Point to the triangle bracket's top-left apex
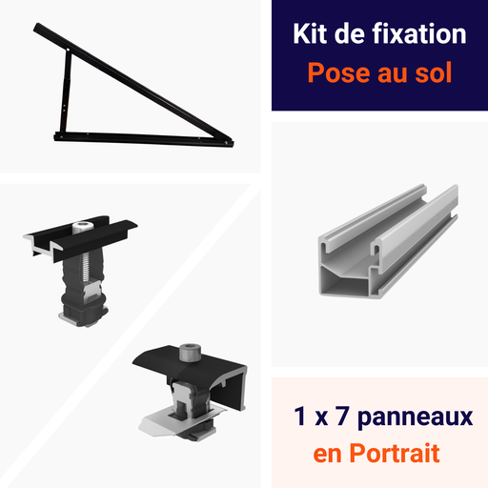(39, 28)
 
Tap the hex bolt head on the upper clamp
(83, 226)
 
